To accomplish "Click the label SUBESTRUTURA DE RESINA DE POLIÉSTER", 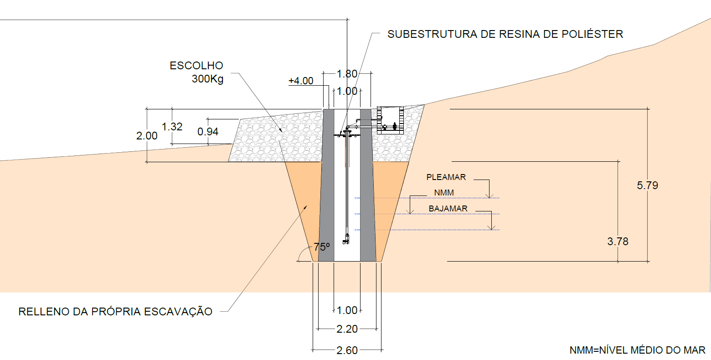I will pyautogui.click(x=505, y=34).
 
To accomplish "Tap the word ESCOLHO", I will pyautogui.click(x=196, y=66).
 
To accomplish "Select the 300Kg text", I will pyautogui.click(x=207, y=79).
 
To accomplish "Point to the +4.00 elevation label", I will pyautogui.click(x=301, y=81).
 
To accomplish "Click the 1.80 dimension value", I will pyautogui.click(x=346, y=74).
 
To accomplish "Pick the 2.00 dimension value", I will pyautogui.click(x=147, y=136).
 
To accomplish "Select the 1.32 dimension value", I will pyautogui.click(x=172, y=127).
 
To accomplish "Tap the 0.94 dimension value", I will pyautogui.click(x=208, y=132).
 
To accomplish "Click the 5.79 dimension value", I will pyautogui.click(x=647, y=185).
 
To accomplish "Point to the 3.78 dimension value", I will pyautogui.click(x=618, y=242).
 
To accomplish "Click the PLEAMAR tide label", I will pyautogui.click(x=446, y=177).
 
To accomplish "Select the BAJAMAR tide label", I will pyautogui.click(x=448, y=209).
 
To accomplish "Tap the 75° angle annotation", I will pyautogui.click(x=322, y=247).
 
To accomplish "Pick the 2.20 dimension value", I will pyautogui.click(x=347, y=329).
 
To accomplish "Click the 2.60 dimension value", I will pyautogui.click(x=347, y=350).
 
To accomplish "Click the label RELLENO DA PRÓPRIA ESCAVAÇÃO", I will pyautogui.click(x=115, y=312).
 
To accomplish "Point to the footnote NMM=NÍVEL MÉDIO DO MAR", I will pyautogui.click(x=637, y=350).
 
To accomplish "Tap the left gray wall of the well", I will pyautogui.click(x=326, y=191).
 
